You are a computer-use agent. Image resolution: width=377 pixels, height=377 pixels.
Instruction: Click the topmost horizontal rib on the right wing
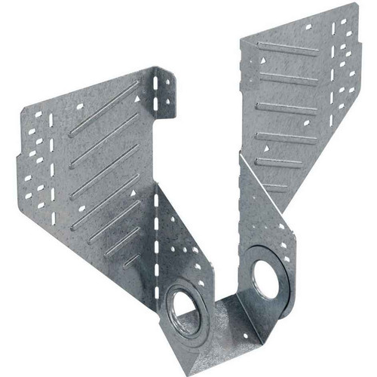pyautogui.click(x=287, y=51)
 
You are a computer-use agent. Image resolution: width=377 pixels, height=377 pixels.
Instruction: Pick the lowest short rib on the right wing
pyautogui.click(x=275, y=186)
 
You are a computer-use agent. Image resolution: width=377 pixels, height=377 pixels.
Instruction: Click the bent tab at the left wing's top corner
pyautogui.click(x=164, y=90)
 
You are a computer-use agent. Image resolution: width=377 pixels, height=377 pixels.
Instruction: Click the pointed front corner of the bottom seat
pyautogui.click(x=199, y=360)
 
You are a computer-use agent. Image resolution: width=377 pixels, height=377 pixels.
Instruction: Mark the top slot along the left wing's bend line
pyautogui.click(x=156, y=198)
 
